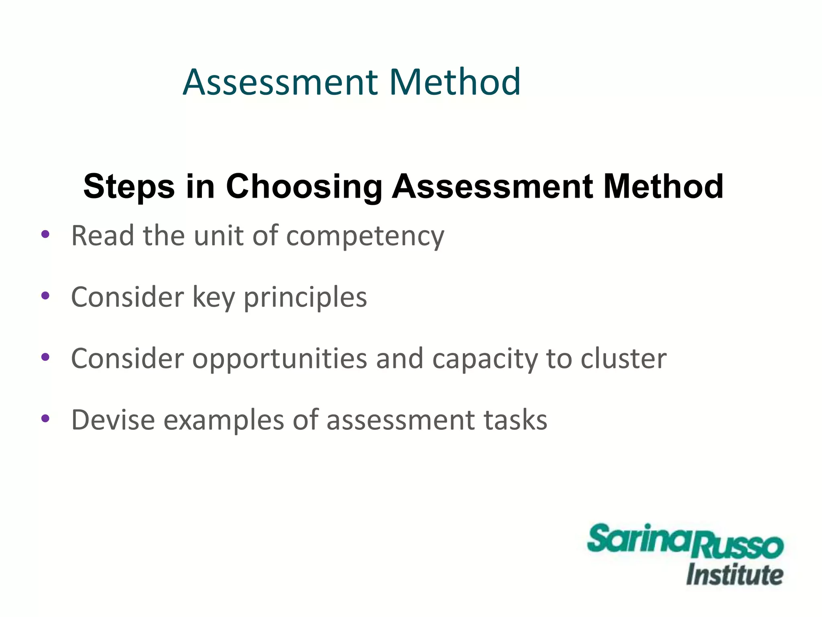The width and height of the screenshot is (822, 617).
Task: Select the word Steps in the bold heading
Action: point(129,186)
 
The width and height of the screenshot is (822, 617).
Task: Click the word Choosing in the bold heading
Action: point(304,186)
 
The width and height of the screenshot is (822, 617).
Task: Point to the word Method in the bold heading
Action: point(663,186)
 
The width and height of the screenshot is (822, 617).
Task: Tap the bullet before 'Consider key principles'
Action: point(45,296)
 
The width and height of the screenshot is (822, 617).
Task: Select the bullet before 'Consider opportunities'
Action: point(45,357)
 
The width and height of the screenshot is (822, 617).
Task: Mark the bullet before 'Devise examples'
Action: point(45,419)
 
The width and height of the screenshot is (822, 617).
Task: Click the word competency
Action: point(365,236)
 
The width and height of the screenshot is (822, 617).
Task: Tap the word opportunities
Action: point(279,359)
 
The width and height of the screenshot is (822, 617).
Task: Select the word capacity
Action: point(484,359)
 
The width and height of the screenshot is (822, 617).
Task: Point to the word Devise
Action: point(113,420)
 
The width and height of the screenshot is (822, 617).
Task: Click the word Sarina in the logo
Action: point(640,538)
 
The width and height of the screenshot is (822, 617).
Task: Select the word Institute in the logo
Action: point(735,575)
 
